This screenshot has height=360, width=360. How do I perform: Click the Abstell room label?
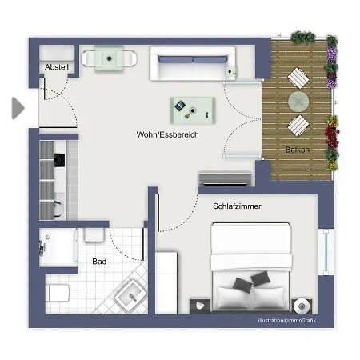click(x=57, y=67)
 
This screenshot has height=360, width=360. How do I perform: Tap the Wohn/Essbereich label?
click(x=167, y=134)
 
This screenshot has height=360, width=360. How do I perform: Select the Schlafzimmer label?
click(x=237, y=206)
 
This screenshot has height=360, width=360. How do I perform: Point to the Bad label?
click(x=99, y=262)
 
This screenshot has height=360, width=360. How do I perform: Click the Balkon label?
click(x=298, y=150)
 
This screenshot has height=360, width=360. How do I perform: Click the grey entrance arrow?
click(x=18, y=108)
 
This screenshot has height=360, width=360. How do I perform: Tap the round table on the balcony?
click(x=298, y=102)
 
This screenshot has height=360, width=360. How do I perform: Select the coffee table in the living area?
click(x=193, y=110)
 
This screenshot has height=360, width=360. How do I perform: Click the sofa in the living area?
click(x=193, y=63)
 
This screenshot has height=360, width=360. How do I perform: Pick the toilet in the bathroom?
click(x=58, y=293)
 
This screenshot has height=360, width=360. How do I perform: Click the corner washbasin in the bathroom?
click(x=131, y=295)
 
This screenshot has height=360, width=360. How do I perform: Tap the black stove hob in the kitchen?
click(x=59, y=160)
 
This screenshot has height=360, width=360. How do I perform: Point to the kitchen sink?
click(x=59, y=206)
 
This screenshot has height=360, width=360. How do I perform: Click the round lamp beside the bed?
click(x=302, y=306)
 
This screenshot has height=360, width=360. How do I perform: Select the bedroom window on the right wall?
click(x=326, y=252)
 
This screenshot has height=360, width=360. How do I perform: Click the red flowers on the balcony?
click(x=332, y=135)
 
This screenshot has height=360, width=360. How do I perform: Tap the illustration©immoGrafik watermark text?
click(x=287, y=320)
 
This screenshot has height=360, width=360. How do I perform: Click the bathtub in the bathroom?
click(x=58, y=247)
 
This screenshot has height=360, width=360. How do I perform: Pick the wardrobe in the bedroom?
click(x=166, y=282)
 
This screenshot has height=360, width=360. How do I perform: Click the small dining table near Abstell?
click(x=109, y=58)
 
